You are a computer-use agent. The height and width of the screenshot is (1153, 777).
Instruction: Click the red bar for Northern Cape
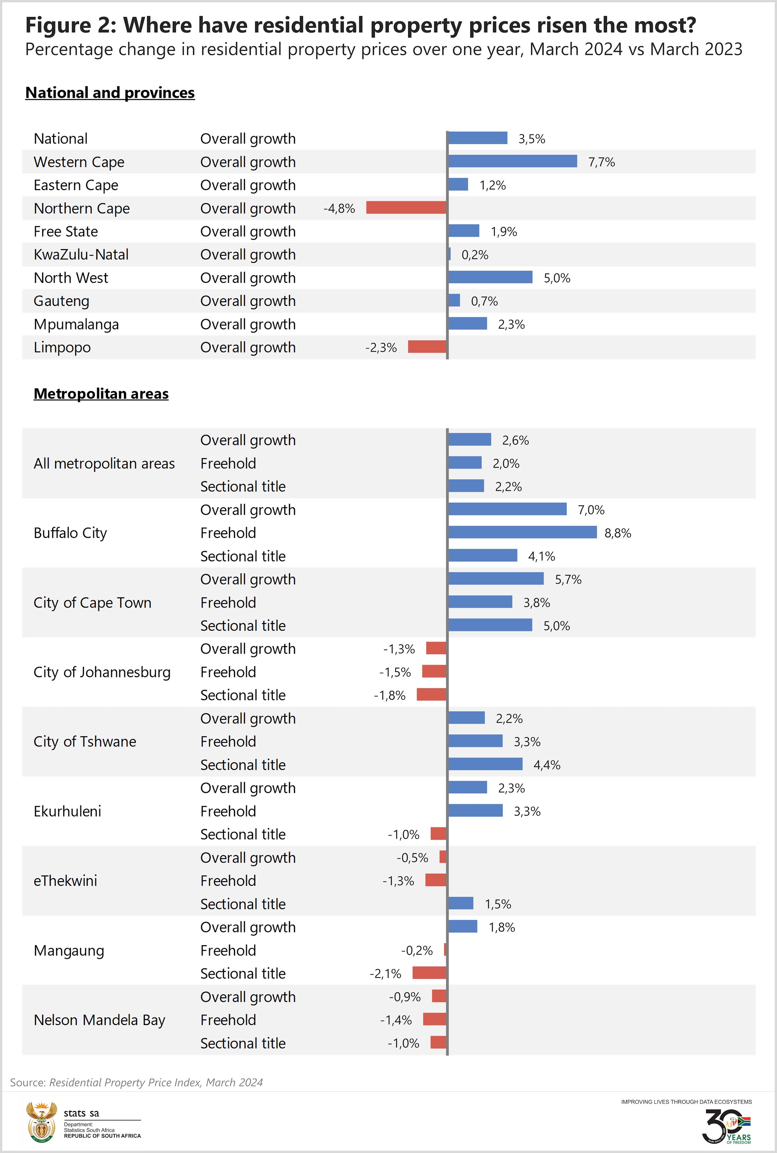pyautogui.click(x=406, y=207)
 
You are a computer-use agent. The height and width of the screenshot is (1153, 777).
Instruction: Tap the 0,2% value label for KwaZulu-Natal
pyautogui.click(x=475, y=255)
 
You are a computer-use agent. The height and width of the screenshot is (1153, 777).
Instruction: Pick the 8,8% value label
pyautogui.click(x=618, y=533)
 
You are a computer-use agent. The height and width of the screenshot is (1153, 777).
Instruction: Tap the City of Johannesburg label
pyautogui.click(x=102, y=672)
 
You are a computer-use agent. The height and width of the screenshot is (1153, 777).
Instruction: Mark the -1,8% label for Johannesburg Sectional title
pyautogui.click(x=389, y=695)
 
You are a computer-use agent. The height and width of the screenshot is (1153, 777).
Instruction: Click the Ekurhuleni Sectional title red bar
pyautogui.click(x=439, y=834)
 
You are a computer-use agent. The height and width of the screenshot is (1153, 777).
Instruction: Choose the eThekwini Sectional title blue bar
pyautogui.click(x=461, y=903)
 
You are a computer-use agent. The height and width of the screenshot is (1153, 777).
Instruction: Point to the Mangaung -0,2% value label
pyautogui.click(x=417, y=950)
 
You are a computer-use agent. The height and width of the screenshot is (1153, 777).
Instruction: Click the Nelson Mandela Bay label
pyautogui.click(x=99, y=1020)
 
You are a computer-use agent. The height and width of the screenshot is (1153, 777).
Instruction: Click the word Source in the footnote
pyautogui.click(x=28, y=1082)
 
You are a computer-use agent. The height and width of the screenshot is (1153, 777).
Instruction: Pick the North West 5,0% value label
pyautogui.click(x=557, y=278)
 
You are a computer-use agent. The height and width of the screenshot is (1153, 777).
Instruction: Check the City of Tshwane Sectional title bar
pyautogui.click(x=485, y=764)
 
